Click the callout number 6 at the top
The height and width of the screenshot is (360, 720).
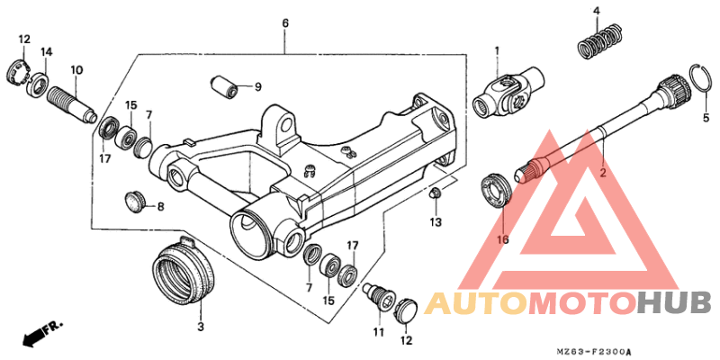284,22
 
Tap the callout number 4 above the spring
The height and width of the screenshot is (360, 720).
596,11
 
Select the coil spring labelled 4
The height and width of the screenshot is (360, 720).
598,42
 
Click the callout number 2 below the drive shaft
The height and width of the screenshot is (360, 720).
603,171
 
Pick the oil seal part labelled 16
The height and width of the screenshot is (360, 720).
497,189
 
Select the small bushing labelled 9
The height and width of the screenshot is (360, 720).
224,87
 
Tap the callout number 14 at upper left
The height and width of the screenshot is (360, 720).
47,52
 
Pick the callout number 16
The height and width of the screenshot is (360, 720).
502,239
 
